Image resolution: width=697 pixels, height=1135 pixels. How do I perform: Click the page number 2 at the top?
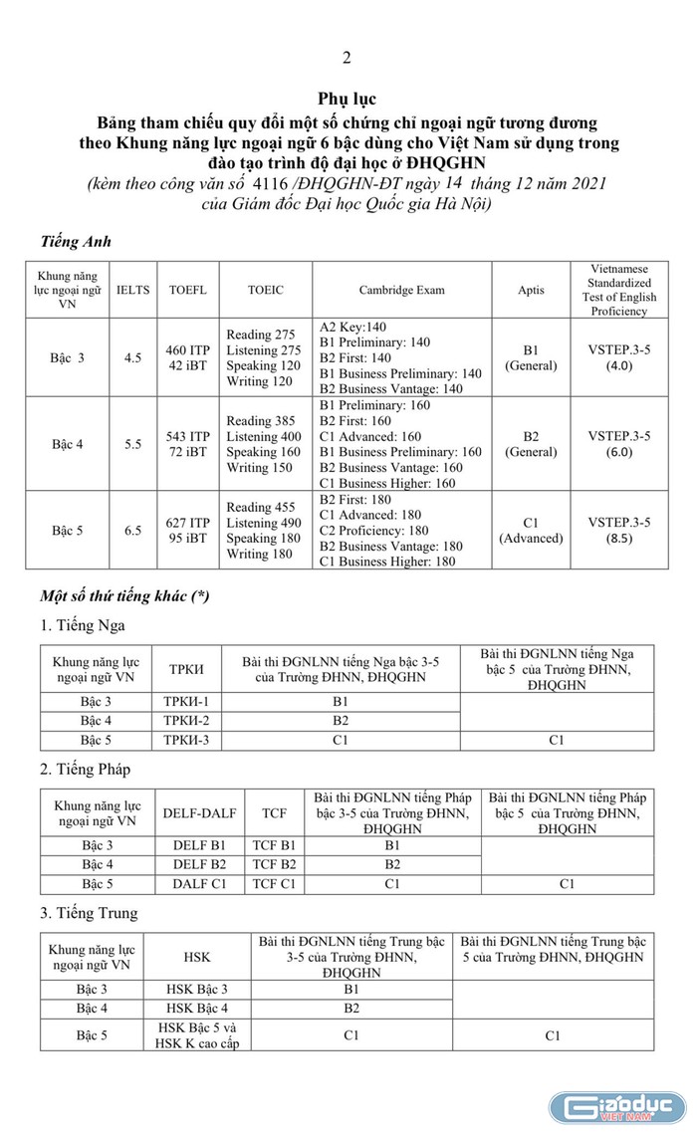coord(347,58)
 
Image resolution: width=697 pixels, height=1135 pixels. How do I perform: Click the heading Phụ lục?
coord(347,100)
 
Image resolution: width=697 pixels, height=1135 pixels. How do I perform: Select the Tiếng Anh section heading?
coord(76,241)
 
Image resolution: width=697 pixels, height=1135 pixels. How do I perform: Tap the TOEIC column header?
coord(266,290)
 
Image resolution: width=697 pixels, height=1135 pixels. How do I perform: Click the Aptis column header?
coord(531,290)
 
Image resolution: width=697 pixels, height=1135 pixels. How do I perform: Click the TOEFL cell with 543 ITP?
coord(187,444)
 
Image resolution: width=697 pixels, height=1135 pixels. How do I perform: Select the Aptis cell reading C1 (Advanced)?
coord(531,531)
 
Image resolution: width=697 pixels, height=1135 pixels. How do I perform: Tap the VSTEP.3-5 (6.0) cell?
coord(618,444)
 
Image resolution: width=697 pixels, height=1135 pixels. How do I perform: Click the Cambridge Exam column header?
coord(402,290)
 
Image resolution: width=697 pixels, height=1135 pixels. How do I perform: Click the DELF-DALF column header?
coord(199,813)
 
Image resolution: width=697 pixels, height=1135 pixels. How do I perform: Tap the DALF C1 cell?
coord(199,883)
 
